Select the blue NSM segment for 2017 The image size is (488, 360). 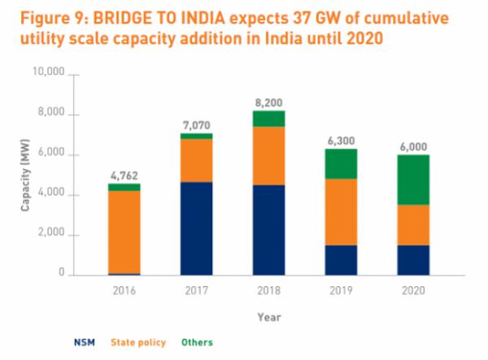tap(197, 228)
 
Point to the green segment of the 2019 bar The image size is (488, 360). tap(341, 163)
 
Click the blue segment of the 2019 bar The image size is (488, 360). tap(341, 260)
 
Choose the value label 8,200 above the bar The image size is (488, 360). tap(269, 103)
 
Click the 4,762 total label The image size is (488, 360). tap(124, 175)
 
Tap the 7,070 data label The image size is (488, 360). tap(197, 124)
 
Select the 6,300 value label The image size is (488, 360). tap(341, 141)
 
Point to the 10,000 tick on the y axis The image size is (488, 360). tap(48, 75)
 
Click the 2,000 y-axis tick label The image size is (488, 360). tap(51, 235)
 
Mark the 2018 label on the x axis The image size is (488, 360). tap(269, 289)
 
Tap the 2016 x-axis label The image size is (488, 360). tap(124, 289)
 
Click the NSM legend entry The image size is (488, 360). tap(82, 342)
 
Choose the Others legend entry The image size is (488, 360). tap(196, 342)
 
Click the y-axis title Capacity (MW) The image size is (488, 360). tap(25, 174)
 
